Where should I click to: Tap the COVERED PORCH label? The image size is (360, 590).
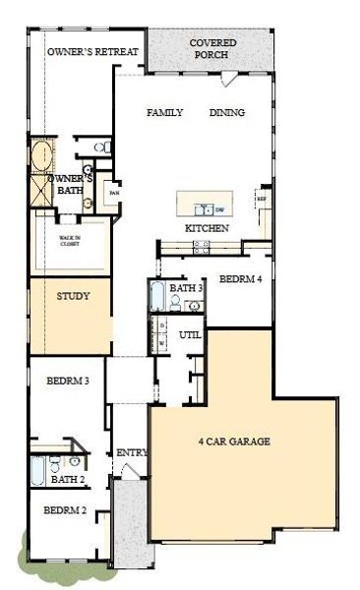coord(212,50)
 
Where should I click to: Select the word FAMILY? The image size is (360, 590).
coord(165,113)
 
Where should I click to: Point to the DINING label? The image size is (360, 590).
coord(226,113)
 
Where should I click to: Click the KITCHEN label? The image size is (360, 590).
coord(208,228)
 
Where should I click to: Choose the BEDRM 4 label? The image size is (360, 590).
coord(240,279)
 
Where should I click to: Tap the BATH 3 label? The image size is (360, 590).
coord(186,288)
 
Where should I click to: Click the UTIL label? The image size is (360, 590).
coord(190,335)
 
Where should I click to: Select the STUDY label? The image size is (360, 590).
coord(72,295)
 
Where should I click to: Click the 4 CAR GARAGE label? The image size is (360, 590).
coord(234,442)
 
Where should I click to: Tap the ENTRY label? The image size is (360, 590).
coord(131,452)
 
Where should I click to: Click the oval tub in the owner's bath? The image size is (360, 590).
coord(42,157)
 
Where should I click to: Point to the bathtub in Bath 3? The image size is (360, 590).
coord(157,296)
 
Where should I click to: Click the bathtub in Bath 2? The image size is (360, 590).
coord(38,473)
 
